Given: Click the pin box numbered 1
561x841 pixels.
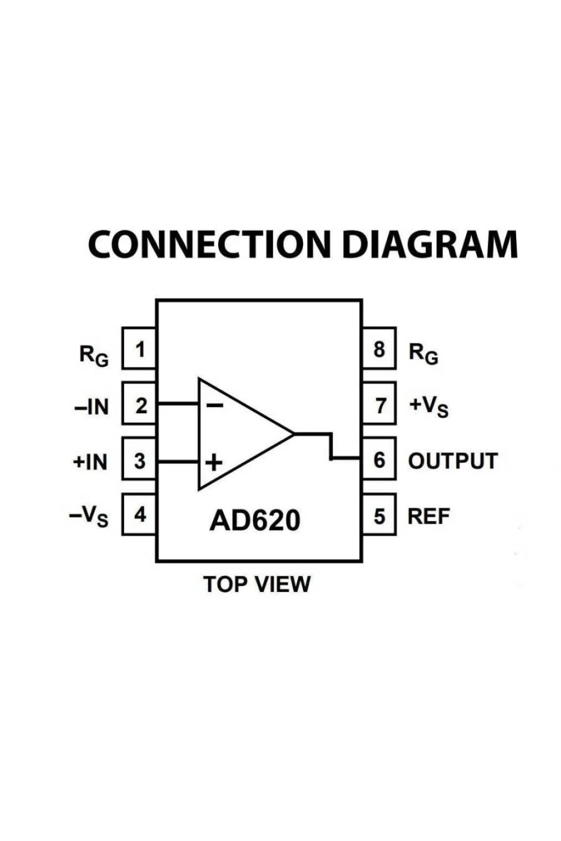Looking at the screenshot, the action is (x=139, y=348).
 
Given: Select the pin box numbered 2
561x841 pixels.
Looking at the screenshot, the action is (x=139, y=404).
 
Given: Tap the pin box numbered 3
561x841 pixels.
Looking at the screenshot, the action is (x=139, y=459).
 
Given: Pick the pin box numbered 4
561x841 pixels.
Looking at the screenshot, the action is (x=139, y=514).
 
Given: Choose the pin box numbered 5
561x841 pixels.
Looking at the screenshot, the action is (x=379, y=514).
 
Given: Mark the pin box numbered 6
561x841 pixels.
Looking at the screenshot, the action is (x=379, y=459).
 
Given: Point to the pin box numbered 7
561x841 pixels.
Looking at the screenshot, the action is (x=379, y=404).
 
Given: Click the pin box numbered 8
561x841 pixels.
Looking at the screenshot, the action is (x=379, y=348).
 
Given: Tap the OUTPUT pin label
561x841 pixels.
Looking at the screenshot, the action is (x=453, y=461).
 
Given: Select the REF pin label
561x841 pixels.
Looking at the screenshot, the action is (x=429, y=516).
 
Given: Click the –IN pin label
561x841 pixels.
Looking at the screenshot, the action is (x=91, y=406).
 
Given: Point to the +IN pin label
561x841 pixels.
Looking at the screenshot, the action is (x=90, y=462).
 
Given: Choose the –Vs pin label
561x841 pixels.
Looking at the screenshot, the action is (x=89, y=517).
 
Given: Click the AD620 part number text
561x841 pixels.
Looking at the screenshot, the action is (x=255, y=520).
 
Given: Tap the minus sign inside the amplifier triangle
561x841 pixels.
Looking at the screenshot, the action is (x=215, y=405).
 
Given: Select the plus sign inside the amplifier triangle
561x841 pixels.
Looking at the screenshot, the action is (x=214, y=462).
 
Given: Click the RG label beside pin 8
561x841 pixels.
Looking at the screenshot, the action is (x=424, y=354).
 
